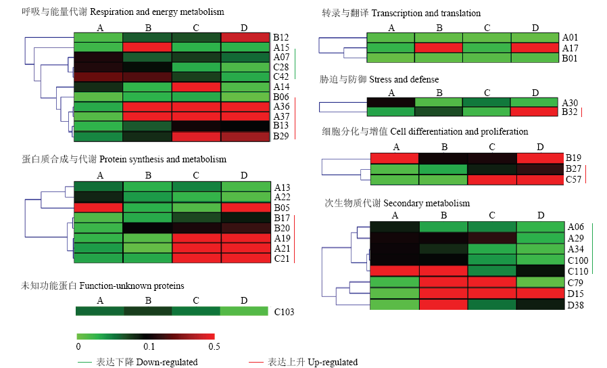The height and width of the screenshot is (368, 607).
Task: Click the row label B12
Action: [x=281, y=37]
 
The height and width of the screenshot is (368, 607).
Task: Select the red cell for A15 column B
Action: [x=147, y=47]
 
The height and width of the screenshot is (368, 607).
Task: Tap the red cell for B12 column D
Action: [x=245, y=37]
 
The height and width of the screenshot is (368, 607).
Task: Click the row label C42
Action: [x=281, y=76]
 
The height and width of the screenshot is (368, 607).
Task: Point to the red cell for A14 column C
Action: [x=196, y=87]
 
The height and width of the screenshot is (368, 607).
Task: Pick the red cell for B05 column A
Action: [x=98, y=208]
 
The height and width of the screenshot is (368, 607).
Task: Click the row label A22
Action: [x=283, y=197]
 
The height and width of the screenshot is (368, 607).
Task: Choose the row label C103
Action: [x=284, y=312]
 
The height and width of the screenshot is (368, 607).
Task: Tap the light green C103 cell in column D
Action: [x=244, y=311]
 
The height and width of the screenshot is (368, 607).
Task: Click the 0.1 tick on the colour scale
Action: [x=149, y=346]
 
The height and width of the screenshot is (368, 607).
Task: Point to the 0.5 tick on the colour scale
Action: [x=214, y=346]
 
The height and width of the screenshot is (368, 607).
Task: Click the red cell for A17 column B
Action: [x=439, y=48]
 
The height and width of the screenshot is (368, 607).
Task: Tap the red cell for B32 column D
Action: [x=534, y=112]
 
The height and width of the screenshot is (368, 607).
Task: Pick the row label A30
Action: [x=570, y=103]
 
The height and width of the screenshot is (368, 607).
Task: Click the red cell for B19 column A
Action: [x=395, y=158]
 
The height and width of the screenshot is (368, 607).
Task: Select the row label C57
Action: [x=573, y=179]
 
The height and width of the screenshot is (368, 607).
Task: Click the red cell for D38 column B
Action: [x=443, y=305]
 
